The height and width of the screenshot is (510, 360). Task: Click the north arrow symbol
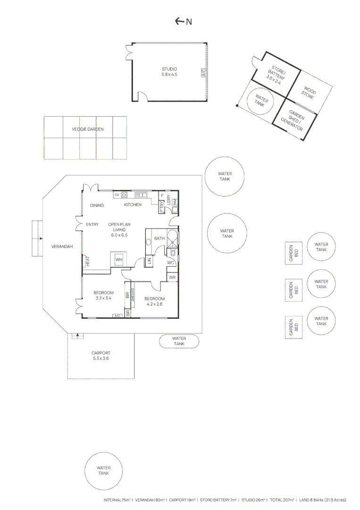coord(180,21)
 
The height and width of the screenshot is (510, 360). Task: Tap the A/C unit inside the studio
coord(204,73)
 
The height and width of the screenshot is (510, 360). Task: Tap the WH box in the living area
coord(119,260)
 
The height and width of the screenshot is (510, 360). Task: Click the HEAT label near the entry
coord(87,261)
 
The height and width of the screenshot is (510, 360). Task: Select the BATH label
coord(159,238)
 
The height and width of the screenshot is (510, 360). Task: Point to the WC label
coord(171,263)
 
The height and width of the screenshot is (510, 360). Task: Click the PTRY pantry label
coord(161,207)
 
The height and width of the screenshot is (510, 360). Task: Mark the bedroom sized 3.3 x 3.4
coord(103,296)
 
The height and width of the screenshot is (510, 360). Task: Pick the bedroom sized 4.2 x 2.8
coord(154,301)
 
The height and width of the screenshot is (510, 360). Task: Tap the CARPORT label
coord(101,356)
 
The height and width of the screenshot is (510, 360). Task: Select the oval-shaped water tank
coord(179,341)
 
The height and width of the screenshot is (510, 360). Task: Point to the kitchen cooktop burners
coord(125,195)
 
